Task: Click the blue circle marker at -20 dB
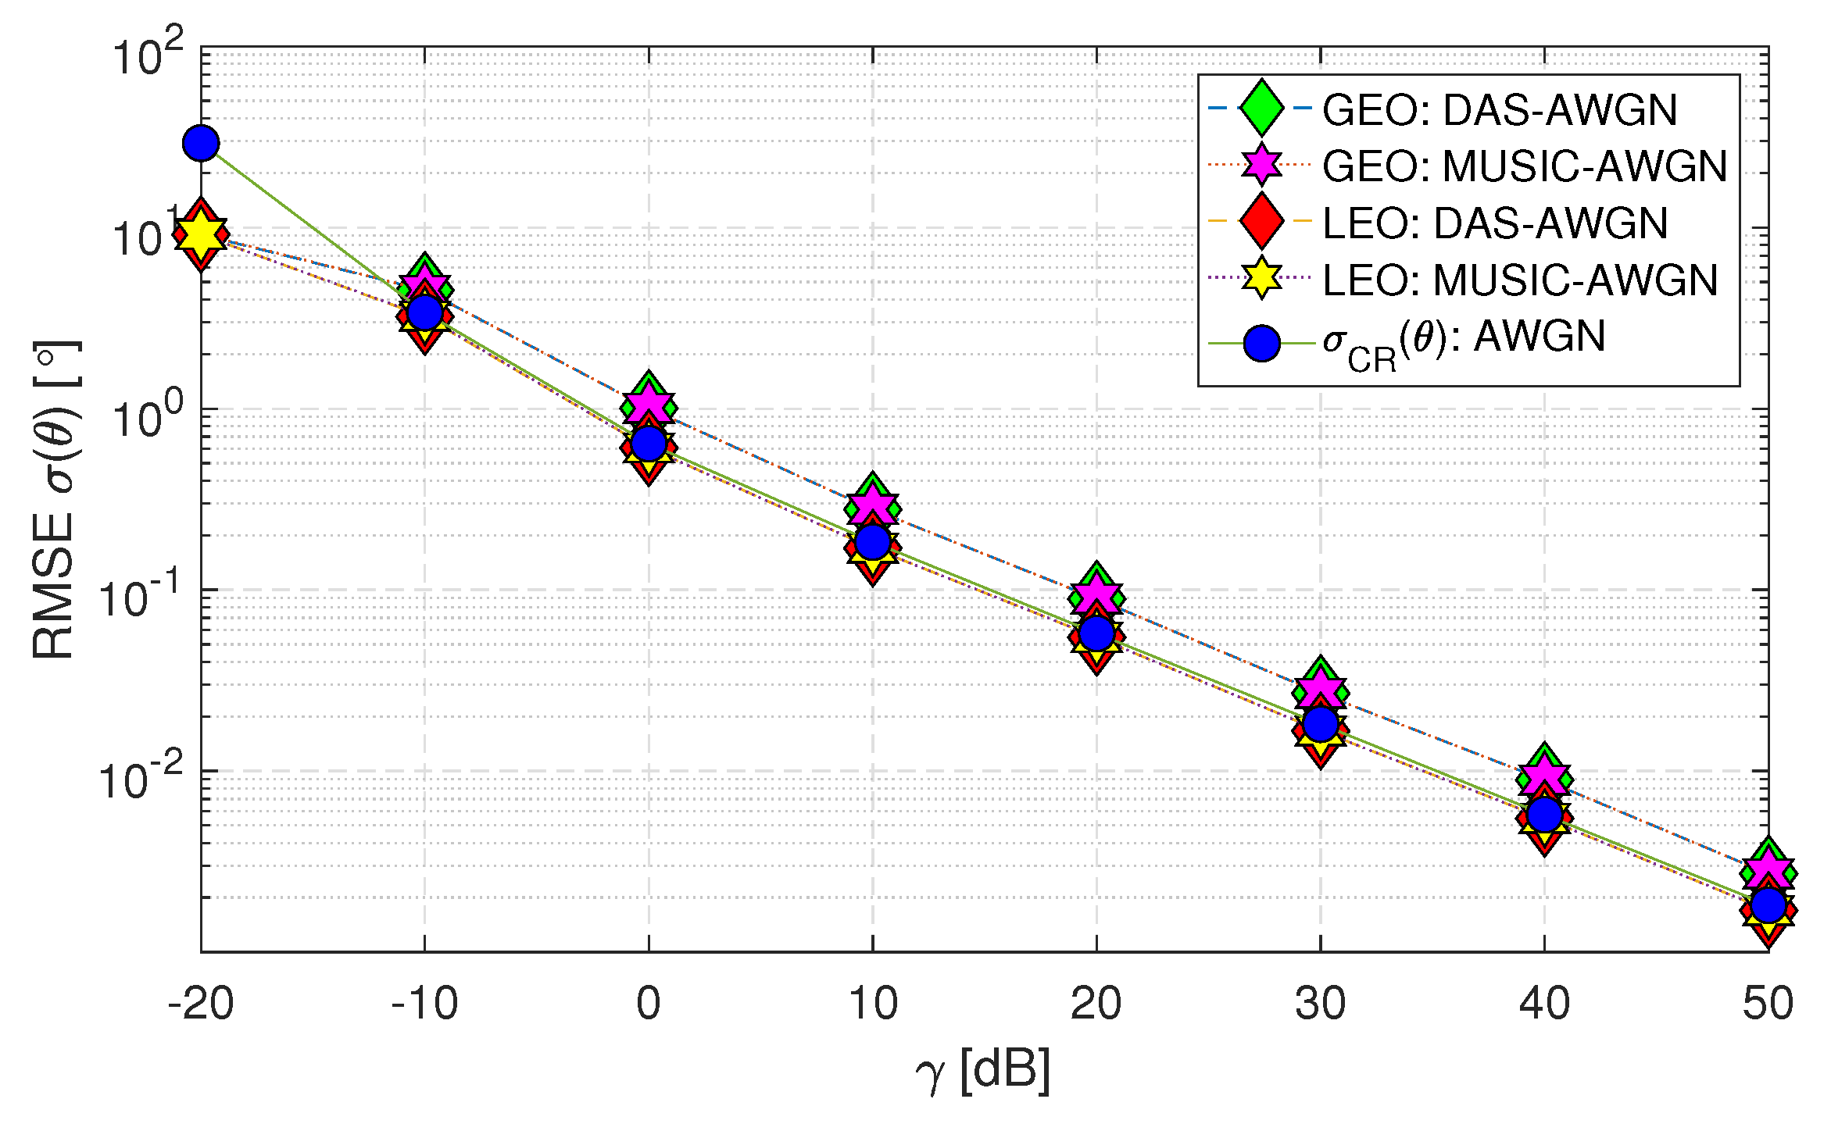[201, 143]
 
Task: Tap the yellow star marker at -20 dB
[201, 234]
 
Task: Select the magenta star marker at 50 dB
[1768, 869]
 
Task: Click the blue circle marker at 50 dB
[1768, 906]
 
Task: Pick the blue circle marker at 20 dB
[1096, 633]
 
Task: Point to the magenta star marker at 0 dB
[649, 404]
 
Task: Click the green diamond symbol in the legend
[1261, 108]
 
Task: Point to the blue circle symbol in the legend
[1261, 344]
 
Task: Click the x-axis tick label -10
[424, 1004]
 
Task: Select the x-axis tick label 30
[1321, 1004]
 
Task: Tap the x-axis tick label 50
[1768, 1004]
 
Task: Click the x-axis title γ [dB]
[983, 1072]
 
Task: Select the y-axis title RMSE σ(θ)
[55, 500]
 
